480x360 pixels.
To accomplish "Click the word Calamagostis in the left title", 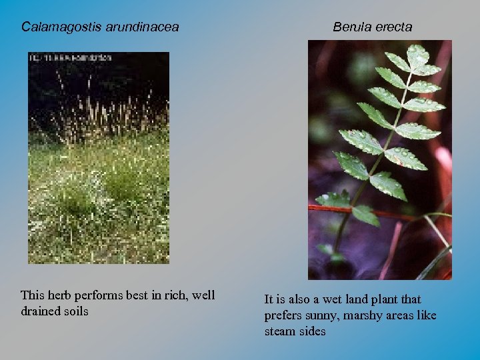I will pyautogui.click(x=58, y=27).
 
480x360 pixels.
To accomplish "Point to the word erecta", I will pyautogui.click(x=393, y=27).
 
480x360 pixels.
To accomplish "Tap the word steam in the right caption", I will pyautogui.click(x=281, y=331).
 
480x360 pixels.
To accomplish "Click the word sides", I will pyautogui.click(x=313, y=331).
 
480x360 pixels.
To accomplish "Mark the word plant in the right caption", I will pyautogui.click(x=381, y=300).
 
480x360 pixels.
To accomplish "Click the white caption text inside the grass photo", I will pyautogui.click(x=70, y=58).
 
